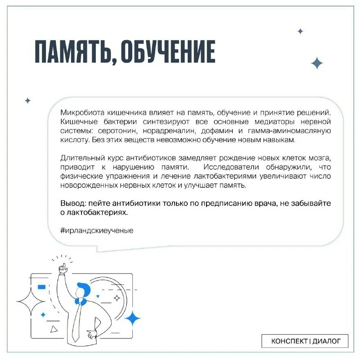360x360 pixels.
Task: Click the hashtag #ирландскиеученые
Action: click(96, 230)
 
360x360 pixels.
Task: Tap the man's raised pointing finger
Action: click(61, 266)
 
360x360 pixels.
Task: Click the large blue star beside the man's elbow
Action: click(132, 318)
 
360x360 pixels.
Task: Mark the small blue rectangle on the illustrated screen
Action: click(41, 287)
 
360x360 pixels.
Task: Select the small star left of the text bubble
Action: click(27, 100)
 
